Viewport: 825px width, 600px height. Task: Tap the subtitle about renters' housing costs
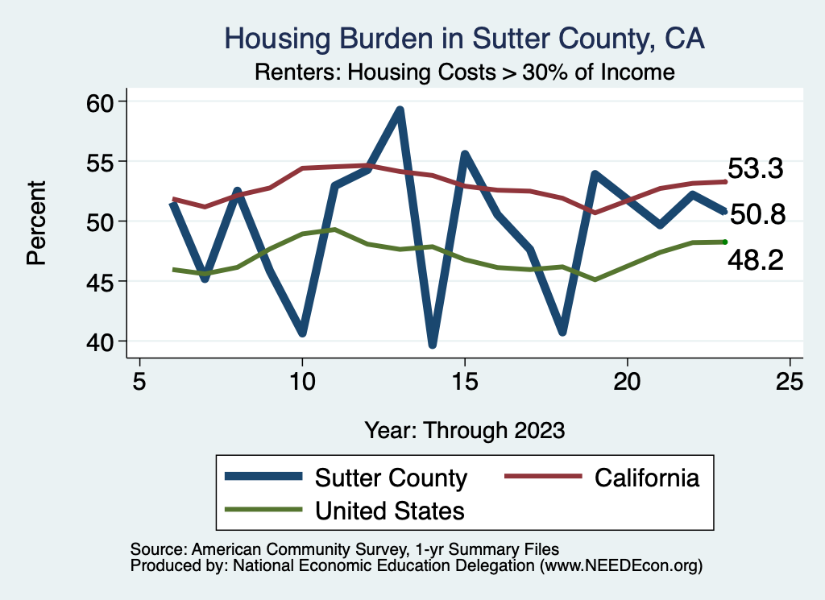coord(464,72)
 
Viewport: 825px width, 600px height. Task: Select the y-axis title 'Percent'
coord(36,221)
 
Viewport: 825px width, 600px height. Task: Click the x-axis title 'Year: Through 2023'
coord(464,429)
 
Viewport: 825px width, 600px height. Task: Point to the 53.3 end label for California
coord(756,169)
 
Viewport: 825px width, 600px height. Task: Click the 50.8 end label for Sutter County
coord(757,214)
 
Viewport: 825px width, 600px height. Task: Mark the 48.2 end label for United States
coord(756,259)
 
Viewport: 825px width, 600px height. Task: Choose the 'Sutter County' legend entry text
coord(391,478)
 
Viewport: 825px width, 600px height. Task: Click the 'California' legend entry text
coord(647,478)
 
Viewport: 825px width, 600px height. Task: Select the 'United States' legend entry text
coord(390,511)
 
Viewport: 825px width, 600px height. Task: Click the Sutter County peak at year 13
coord(400,110)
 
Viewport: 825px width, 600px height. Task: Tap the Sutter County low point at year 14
coord(433,344)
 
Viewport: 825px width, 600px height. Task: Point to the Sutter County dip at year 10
coord(302,333)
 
